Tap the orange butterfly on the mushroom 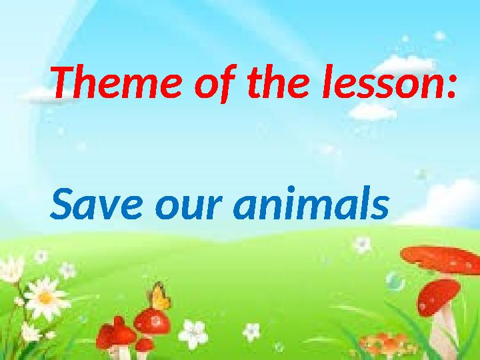click(x=159, y=296)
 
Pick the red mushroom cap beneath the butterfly click(x=153, y=322)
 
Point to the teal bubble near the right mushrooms click(x=395, y=281)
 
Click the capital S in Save click(x=64, y=205)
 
